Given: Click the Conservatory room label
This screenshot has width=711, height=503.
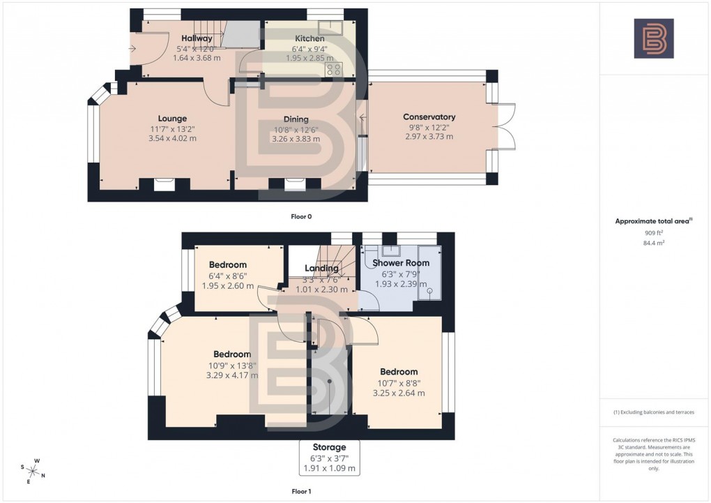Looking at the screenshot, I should coord(429,117).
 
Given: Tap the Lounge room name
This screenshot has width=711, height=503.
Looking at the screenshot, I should coord(172,119).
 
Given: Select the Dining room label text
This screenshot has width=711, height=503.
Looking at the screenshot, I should coord(296,119).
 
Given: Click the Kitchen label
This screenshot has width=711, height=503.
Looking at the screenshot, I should coord(309,39).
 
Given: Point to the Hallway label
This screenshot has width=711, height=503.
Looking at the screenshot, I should coord(197,38).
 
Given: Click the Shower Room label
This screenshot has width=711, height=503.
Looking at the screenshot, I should coord(401,263).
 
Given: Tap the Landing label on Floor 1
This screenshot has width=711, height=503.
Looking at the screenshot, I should coord(321,269).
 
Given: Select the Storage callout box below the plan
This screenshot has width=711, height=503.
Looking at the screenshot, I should coord(329,458).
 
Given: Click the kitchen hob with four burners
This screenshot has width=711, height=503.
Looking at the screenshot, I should coord(333,69).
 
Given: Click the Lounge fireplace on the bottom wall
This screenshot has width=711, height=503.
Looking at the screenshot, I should coord(165,184).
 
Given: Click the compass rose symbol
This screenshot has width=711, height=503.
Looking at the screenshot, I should coord(34,470).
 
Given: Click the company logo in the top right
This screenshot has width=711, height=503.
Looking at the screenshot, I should coord(654,38).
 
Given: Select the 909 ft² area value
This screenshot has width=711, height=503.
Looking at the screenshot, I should coord(653,233).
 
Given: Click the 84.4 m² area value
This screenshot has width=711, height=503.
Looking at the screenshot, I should coord(653,243).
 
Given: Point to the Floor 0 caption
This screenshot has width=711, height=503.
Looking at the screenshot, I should coord(301,216).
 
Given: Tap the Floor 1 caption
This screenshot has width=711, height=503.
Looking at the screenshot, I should coord(301,491).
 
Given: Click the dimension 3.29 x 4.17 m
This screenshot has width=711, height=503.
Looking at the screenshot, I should coord(231,375).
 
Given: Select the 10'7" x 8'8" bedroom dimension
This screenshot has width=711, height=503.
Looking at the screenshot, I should coord(399,382).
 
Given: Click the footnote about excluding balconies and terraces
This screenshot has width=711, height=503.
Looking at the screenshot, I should coord(653,412).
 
